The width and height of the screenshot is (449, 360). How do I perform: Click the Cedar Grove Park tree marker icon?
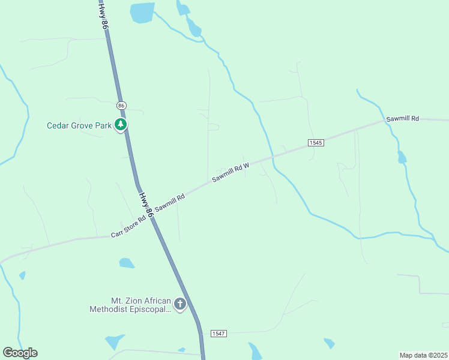click(122, 125)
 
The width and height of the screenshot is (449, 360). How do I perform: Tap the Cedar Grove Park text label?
click(80, 126)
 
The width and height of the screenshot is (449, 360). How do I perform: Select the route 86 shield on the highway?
click(122, 105)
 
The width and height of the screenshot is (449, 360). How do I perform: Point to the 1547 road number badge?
click(218, 333)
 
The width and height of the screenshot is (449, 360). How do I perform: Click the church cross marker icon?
click(180, 305)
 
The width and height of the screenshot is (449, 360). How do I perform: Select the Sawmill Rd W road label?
click(231, 172)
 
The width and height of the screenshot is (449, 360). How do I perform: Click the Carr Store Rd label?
click(129, 227)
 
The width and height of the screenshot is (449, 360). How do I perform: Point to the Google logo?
click(20, 353)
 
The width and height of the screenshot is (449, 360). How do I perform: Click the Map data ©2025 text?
click(423, 355)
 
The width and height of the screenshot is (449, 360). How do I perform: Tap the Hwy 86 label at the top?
click(103, 16)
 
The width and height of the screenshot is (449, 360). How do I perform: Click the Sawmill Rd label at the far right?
click(402, 119)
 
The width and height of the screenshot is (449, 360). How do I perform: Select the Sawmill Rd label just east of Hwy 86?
click(169, 202)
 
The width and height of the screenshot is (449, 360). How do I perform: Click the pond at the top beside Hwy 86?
click(142, 12)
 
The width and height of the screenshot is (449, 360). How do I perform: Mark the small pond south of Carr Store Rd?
click(127, 263)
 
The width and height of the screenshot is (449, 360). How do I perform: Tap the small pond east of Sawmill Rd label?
click(402, 158)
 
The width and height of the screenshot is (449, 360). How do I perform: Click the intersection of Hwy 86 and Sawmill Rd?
click(149, 214)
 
